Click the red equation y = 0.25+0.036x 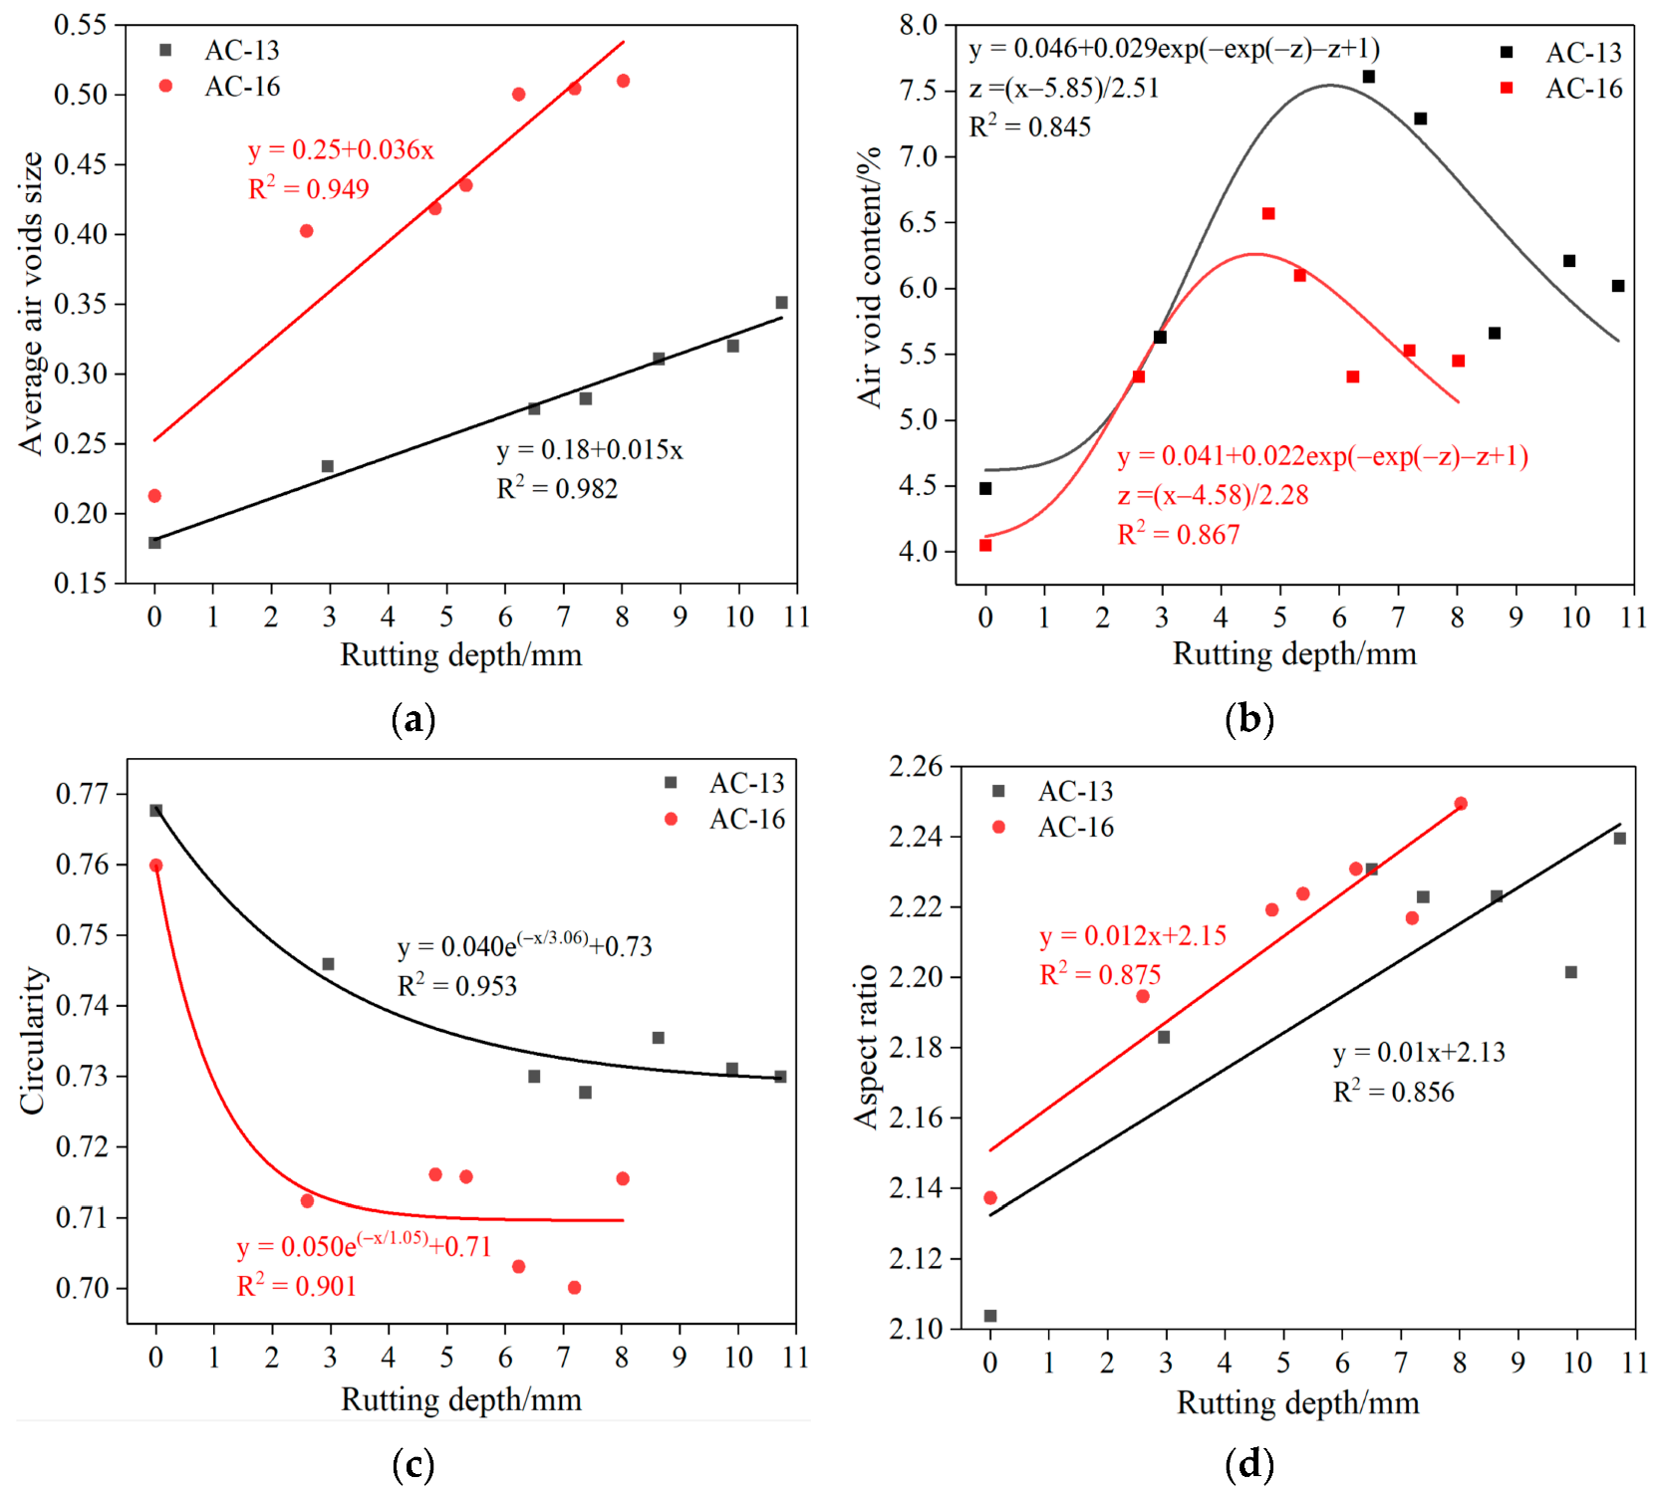[341, 149]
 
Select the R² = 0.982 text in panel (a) [557, 488]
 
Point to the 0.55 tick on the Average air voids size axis [80, 25]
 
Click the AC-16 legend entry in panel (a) [242, 87]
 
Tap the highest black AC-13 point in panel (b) [1369, 77]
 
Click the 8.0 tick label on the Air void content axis [918, 25]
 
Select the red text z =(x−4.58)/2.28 [1213, 495]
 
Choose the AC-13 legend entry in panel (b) [1583, 52]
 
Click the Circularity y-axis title [32, 1040]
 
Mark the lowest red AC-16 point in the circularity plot [574, 1287]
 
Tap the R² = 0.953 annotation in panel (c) [457, 985]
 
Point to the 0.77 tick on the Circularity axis [82, 794]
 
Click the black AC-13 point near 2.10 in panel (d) [990, 1316]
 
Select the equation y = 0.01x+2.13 [1419, 1052]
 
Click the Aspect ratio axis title [866, 1046]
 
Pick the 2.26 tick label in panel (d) [915, 766]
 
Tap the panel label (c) [414, 1464]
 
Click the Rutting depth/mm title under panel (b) [1294, 654]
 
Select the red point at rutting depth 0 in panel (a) [154, 495]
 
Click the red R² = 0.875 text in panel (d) [1100, 974]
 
